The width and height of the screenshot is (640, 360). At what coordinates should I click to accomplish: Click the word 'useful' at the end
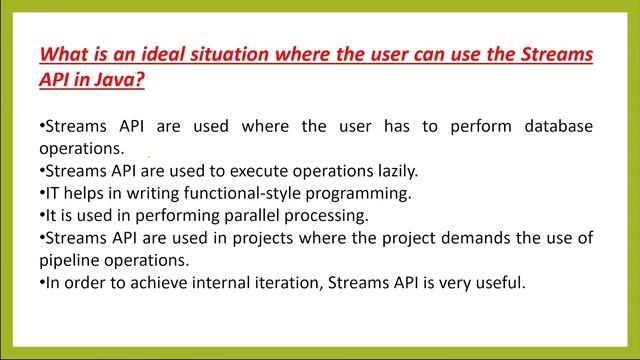coord(500,282)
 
